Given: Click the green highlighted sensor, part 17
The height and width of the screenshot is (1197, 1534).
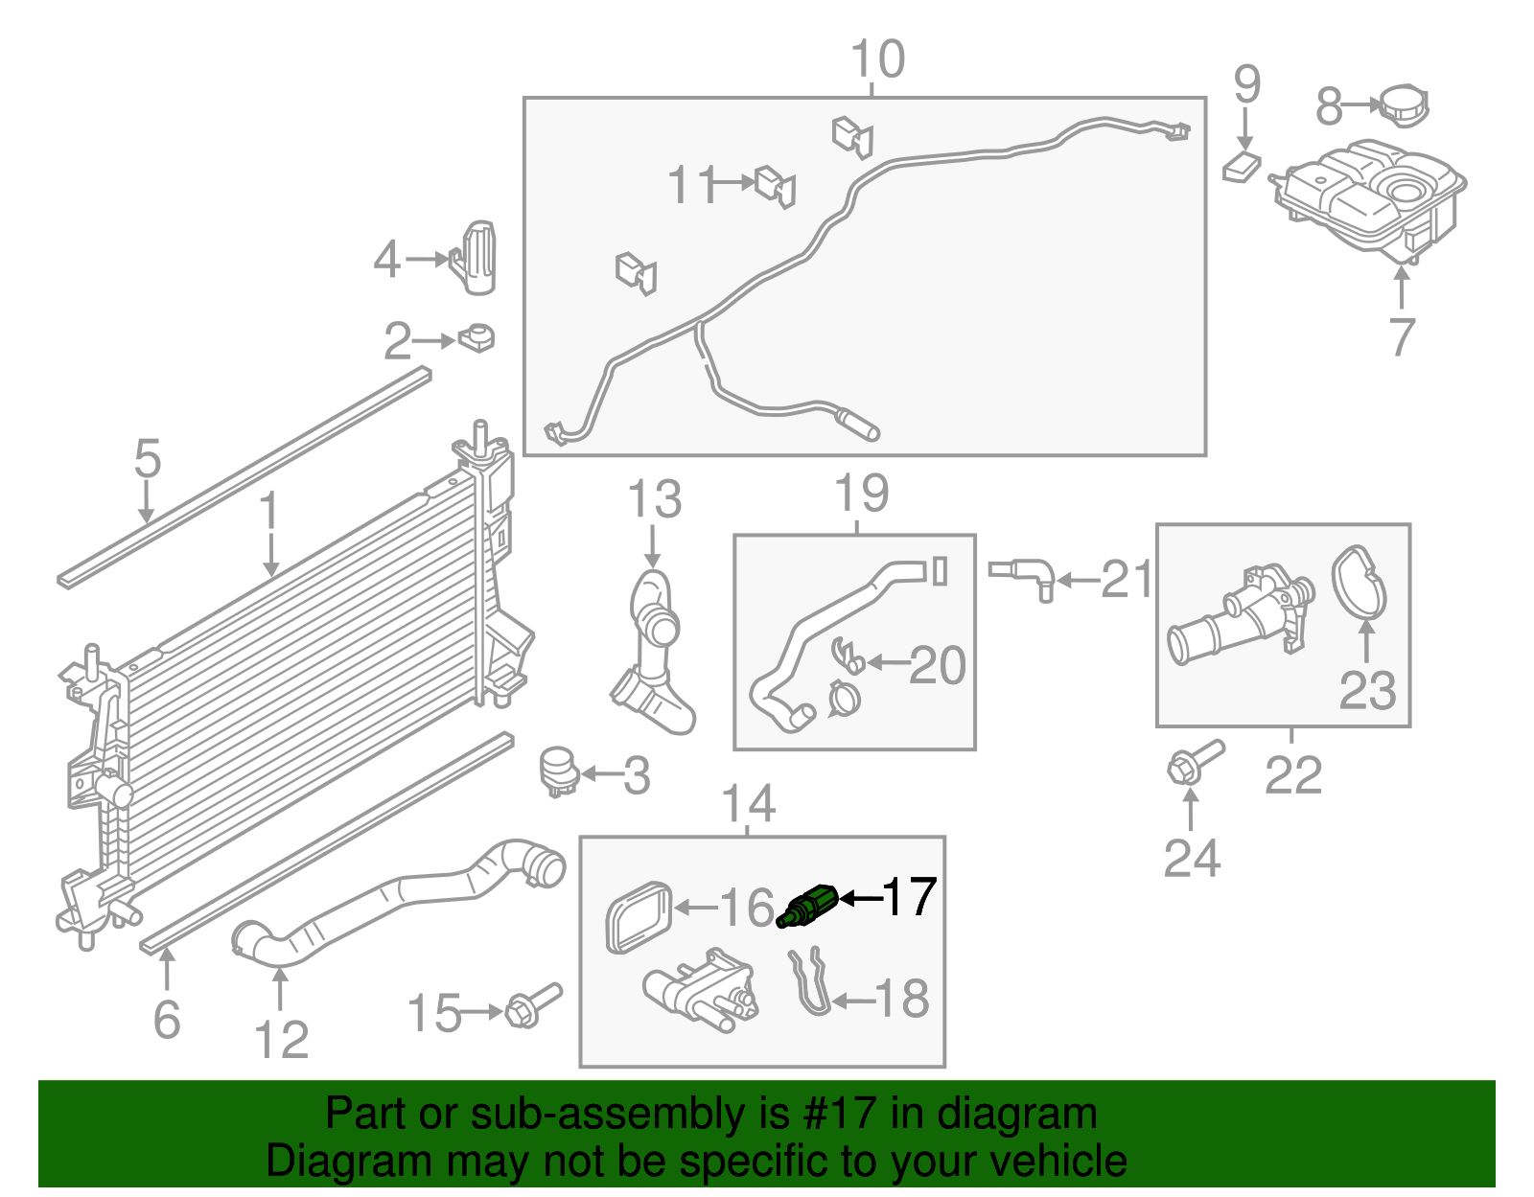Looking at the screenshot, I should point(807,906).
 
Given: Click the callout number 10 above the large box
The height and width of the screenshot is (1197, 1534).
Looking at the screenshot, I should point(877,59).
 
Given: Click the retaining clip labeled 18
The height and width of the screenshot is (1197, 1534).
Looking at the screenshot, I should point(811,982).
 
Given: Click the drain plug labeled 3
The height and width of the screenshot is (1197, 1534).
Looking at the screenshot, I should point(558,771).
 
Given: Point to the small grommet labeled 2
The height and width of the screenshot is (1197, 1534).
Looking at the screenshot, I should point(476,338).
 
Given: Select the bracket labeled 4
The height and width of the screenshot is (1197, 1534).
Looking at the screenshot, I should point(474,257).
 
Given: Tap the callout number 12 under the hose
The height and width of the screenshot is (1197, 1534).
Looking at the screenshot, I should point(281,1039).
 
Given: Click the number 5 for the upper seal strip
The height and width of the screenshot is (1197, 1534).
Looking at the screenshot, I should point(147,459).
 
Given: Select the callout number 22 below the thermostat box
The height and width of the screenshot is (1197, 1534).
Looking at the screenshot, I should point(1292,775).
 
